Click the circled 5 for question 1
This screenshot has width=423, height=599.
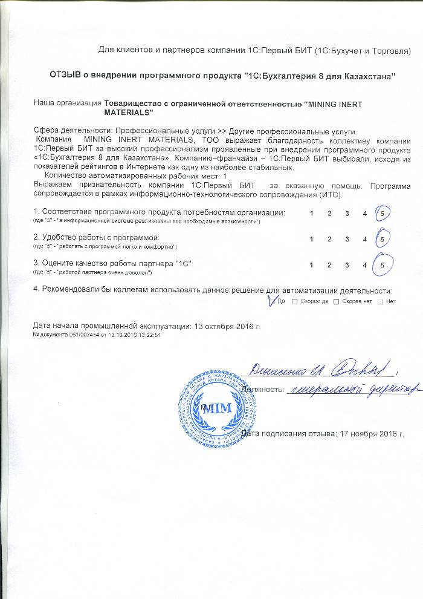point(383,214)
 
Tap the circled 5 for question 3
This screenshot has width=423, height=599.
point(383,264)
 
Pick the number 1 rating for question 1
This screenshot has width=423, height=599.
point(312,214)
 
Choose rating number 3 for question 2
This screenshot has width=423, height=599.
point(347,240)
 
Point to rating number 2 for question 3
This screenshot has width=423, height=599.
point(330,265)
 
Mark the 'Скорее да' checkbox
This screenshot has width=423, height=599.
point(294,301)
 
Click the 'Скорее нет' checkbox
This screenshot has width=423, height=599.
point(337,301)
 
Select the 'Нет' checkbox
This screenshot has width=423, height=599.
point(379,301)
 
